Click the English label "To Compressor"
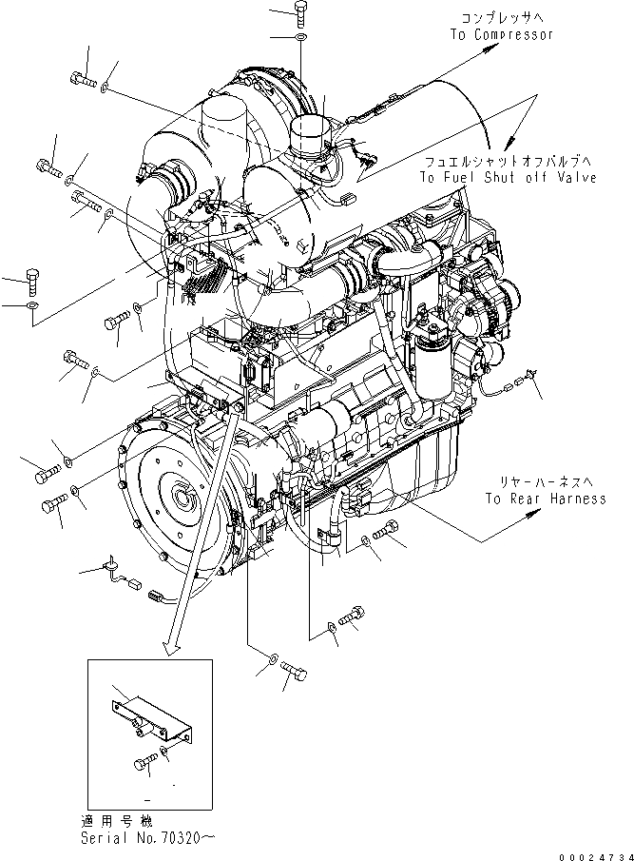click(501, 34)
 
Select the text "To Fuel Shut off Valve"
click(510, 178)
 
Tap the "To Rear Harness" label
click(545, 499)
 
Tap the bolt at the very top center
click(299, 14)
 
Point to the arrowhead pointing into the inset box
click(172, 648)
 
